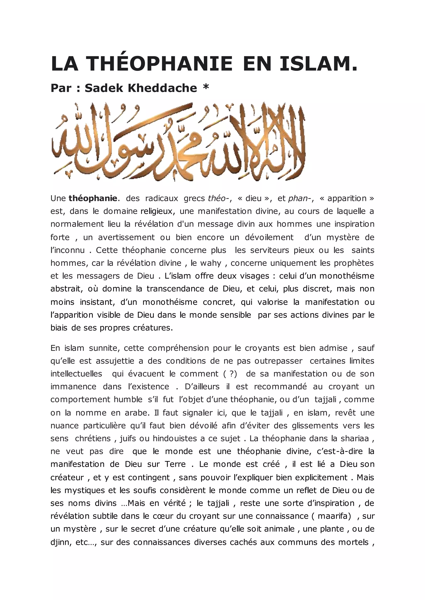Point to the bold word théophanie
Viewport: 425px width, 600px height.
click(93, 199)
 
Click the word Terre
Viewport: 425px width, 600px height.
click(175, 464)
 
